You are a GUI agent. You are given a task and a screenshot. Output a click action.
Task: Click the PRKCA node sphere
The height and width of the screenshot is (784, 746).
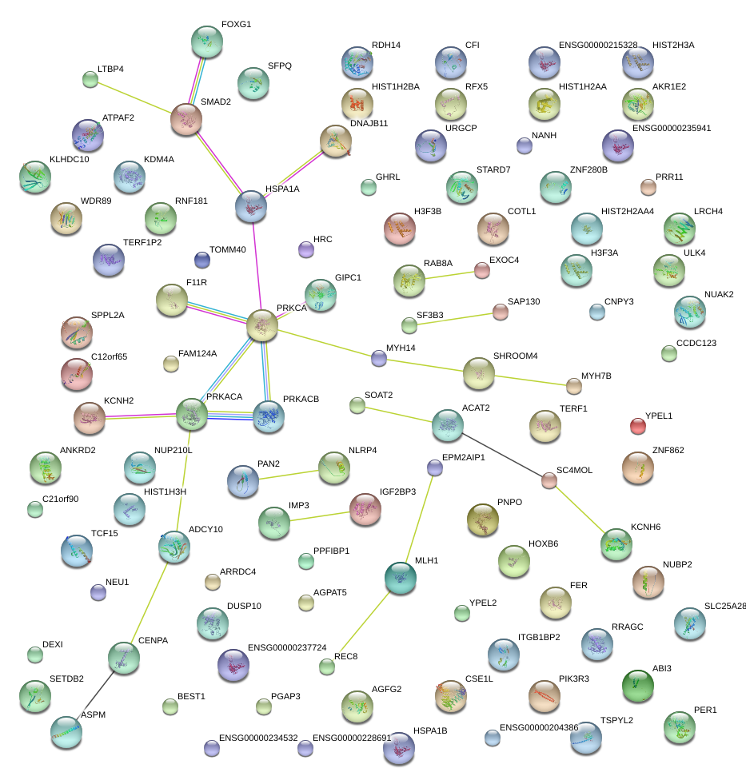262,325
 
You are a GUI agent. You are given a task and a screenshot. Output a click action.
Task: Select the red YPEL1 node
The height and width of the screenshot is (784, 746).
638,426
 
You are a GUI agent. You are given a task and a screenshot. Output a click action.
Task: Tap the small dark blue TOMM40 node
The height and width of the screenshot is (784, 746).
202,260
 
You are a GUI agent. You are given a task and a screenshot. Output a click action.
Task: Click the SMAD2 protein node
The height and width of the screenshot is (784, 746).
186,120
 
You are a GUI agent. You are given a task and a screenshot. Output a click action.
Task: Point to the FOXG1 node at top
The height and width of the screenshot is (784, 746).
207,42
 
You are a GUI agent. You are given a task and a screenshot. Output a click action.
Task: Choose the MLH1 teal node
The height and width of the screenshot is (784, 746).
401,578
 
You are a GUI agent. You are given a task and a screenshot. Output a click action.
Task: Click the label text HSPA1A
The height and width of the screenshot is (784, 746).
282,189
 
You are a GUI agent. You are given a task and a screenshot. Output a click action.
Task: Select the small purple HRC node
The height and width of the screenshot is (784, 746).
306,249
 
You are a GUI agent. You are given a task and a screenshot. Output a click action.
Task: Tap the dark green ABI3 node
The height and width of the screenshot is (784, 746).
638,686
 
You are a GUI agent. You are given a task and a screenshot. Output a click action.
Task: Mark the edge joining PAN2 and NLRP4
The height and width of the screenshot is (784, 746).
289,475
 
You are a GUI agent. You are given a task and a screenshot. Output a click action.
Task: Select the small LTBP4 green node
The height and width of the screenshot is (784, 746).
90,79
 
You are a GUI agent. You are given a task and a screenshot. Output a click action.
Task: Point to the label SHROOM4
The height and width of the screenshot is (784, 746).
516,356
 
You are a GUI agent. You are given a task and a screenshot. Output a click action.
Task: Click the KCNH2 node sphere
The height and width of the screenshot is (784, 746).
90,418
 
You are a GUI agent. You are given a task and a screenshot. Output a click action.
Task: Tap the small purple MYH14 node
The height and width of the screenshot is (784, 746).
379,358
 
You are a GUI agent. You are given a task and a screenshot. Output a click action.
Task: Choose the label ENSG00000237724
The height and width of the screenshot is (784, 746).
287,647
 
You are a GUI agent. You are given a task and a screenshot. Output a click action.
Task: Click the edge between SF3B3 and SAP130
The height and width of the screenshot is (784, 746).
455,319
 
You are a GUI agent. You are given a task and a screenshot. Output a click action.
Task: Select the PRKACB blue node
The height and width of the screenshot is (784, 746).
269,416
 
